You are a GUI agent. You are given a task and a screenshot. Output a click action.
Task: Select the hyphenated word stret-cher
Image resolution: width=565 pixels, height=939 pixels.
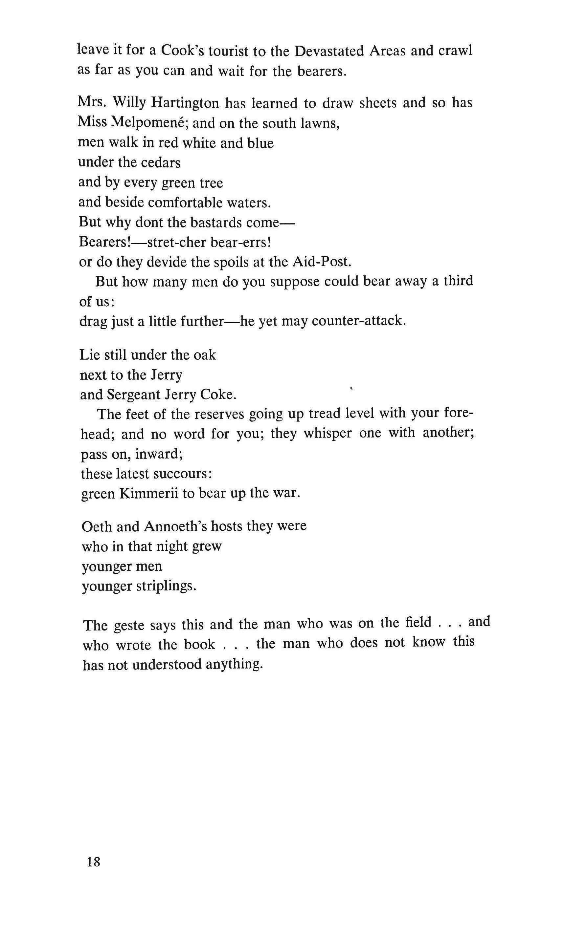(x=177, y=242)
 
